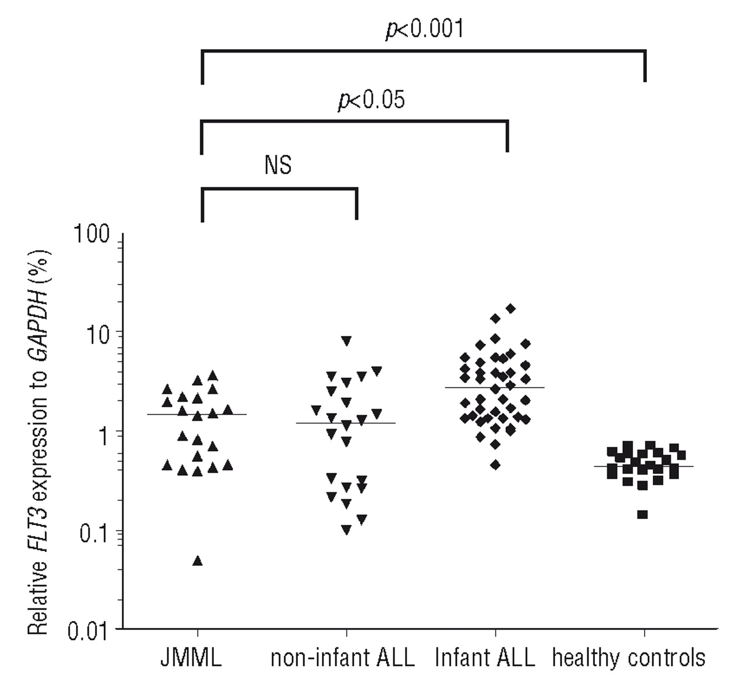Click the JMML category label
191,658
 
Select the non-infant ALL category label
342,658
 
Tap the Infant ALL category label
485,658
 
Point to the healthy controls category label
629,658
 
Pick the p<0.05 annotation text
372,100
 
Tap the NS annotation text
278,166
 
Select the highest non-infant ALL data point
347,340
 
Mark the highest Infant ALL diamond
511,308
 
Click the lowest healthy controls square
642,515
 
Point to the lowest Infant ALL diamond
495,465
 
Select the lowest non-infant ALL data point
347,530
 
